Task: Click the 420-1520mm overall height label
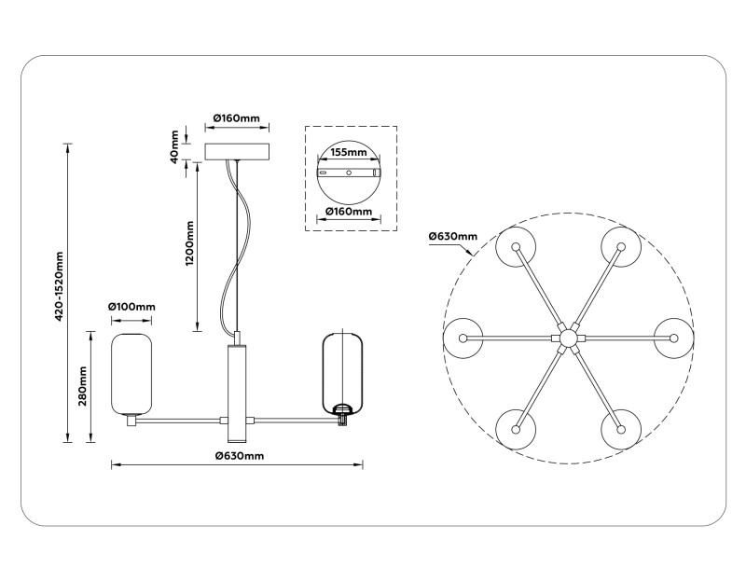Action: click(x=59, y=287)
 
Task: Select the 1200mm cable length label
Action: click(x=189, y=243)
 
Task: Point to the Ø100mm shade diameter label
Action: click(x=131, y=306)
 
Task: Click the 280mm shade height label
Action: click(x=83, y=386)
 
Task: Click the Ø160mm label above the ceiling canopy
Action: click(x=236, y=118)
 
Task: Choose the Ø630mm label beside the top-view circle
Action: click(x=452, y=236)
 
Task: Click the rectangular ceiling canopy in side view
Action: click(x=238, y=151)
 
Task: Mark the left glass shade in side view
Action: click(x=131, y=372)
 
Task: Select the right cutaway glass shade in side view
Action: click(x=341, y=372)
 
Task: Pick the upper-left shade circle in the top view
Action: click(x=515, y=246)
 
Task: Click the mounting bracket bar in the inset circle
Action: click(x=350, y=173)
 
